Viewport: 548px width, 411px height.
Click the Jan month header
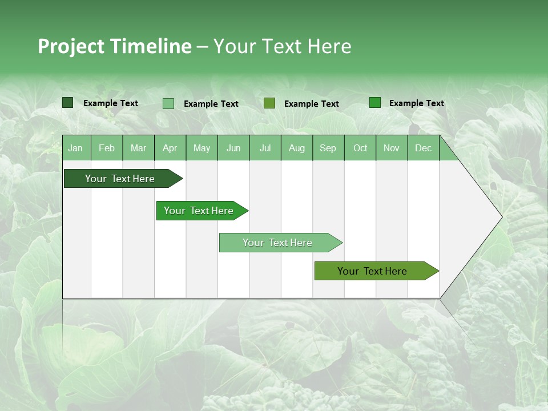pos(75,148)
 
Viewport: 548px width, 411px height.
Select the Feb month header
pos(107,148)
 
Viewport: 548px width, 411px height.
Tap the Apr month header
pos(170,148)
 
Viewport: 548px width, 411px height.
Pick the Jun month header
pos(233,148)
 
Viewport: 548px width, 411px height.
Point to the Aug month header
pos(296,148)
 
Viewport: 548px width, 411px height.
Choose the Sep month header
pos(328,148)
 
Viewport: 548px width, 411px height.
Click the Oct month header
pos(360,148)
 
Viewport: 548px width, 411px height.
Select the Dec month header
pos(423,148)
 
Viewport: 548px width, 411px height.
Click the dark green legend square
pos(68,103)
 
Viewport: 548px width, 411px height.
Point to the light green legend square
pos(168,103)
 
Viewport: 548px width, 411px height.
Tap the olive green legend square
pos(269,103)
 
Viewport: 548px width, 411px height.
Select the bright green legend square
pos(375,103)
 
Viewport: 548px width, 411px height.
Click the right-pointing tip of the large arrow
pos(500,216)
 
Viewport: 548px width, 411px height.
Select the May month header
pos(202,148)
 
